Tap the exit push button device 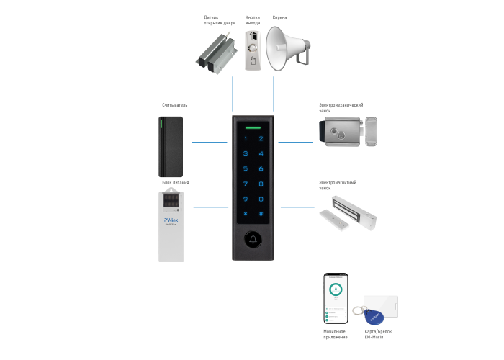click(253, 48)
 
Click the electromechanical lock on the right click(346, 132)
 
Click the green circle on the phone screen click(335, 290)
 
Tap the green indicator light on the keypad click(253, 125)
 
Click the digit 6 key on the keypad click(261, 168)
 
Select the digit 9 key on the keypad click(246, 199)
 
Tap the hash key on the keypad click(261, 214)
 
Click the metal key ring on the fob click(358, 311)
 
